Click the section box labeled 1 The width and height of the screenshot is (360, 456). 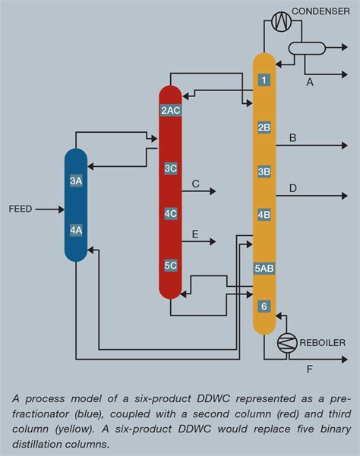[264, 80]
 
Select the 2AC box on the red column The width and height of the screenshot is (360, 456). [170, 110]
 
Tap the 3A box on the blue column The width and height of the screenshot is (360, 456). [76, 181]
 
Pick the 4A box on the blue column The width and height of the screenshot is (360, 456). [76, 229]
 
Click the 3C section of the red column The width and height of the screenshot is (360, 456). [170, 168]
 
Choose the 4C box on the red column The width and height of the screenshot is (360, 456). [170, 214]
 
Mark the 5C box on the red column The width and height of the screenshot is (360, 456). [170, 266]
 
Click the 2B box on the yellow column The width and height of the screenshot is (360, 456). [264, 127]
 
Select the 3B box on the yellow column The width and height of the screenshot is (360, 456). [264, 171]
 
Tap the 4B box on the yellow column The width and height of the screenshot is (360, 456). [264, 215]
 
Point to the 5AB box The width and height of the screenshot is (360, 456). [264, 268]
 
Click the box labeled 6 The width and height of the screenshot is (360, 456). [264, 307]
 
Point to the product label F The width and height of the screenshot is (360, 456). [309, 370]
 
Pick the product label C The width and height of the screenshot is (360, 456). [195, 184]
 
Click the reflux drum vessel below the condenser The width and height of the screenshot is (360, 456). [306, 49]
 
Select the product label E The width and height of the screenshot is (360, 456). [195, 235]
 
